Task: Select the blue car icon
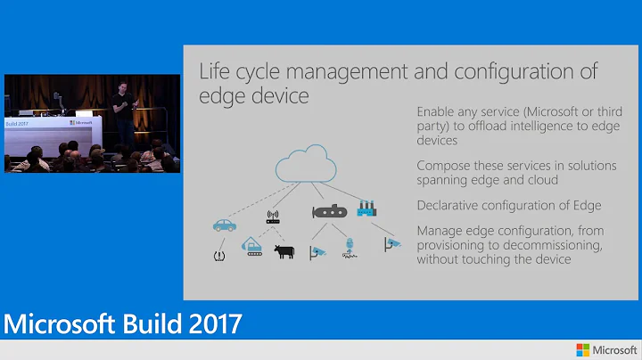(225, 225)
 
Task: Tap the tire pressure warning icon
(218, 257)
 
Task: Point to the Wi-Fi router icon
(274, 217)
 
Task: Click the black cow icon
(284, 252)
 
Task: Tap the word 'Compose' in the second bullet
(444, 166)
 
